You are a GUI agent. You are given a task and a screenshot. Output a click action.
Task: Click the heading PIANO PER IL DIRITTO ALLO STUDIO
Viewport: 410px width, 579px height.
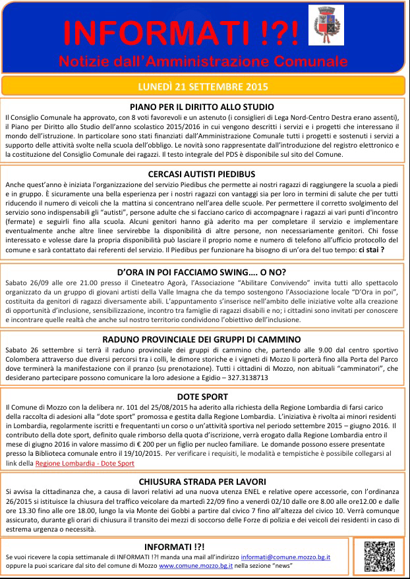click(x=202, y=106)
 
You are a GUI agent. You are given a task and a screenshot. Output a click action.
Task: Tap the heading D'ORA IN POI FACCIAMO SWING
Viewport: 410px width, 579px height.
click(x=202, y=271)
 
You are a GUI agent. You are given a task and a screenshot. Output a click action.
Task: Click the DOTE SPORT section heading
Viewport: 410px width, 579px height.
click(x=202, y=397)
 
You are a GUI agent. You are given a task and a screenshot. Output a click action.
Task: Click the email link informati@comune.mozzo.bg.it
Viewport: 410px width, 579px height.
click(x=285, y=557)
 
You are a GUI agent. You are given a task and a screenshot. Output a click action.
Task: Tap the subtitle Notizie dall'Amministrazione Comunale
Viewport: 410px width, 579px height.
click(x=202, y=61)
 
